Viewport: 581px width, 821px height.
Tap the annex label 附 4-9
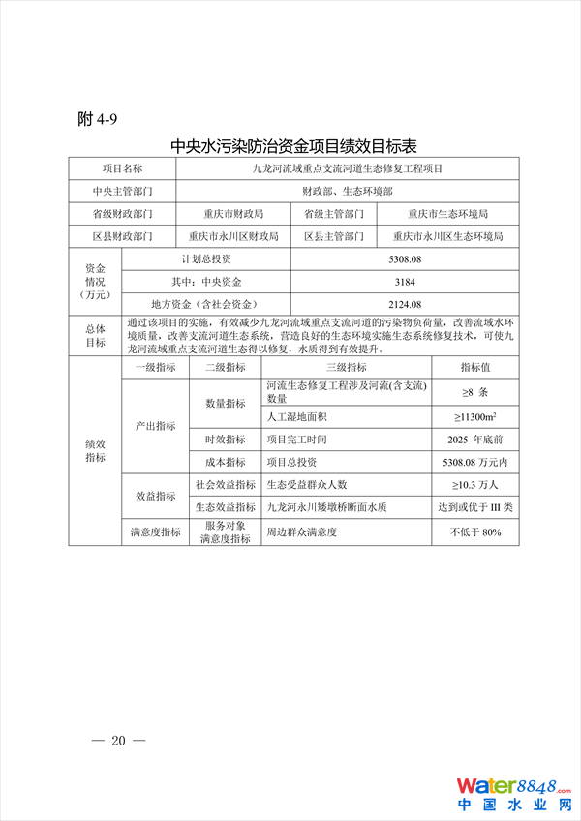pyautogui.click(x=97, y=119)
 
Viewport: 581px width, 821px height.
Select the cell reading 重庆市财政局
pyautogui.click(x=233, y=213)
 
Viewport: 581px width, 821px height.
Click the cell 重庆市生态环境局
pyautogui.click(x=447, y=213)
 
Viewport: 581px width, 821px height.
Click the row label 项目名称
pyautogui.click(x=122, y=168)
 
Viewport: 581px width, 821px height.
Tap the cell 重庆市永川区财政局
pyautogui.click(x=233, y=236)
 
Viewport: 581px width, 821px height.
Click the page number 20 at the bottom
pyautogui.click(x=118, y=741)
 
